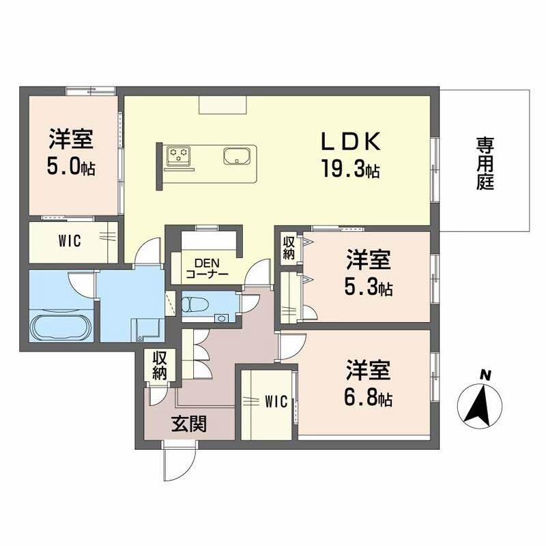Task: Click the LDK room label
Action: pos(351,141)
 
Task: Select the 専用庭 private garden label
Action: pos(485,164)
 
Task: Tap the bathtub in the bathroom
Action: pos(59,328)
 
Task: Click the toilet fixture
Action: pos(196,304)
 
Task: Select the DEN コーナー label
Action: pos(207,269)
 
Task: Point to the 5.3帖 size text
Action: pos(368,287)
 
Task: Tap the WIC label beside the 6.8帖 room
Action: pos(275,402)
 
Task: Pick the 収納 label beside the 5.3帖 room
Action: pos(289,248)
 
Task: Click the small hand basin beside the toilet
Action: pos(222,317)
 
